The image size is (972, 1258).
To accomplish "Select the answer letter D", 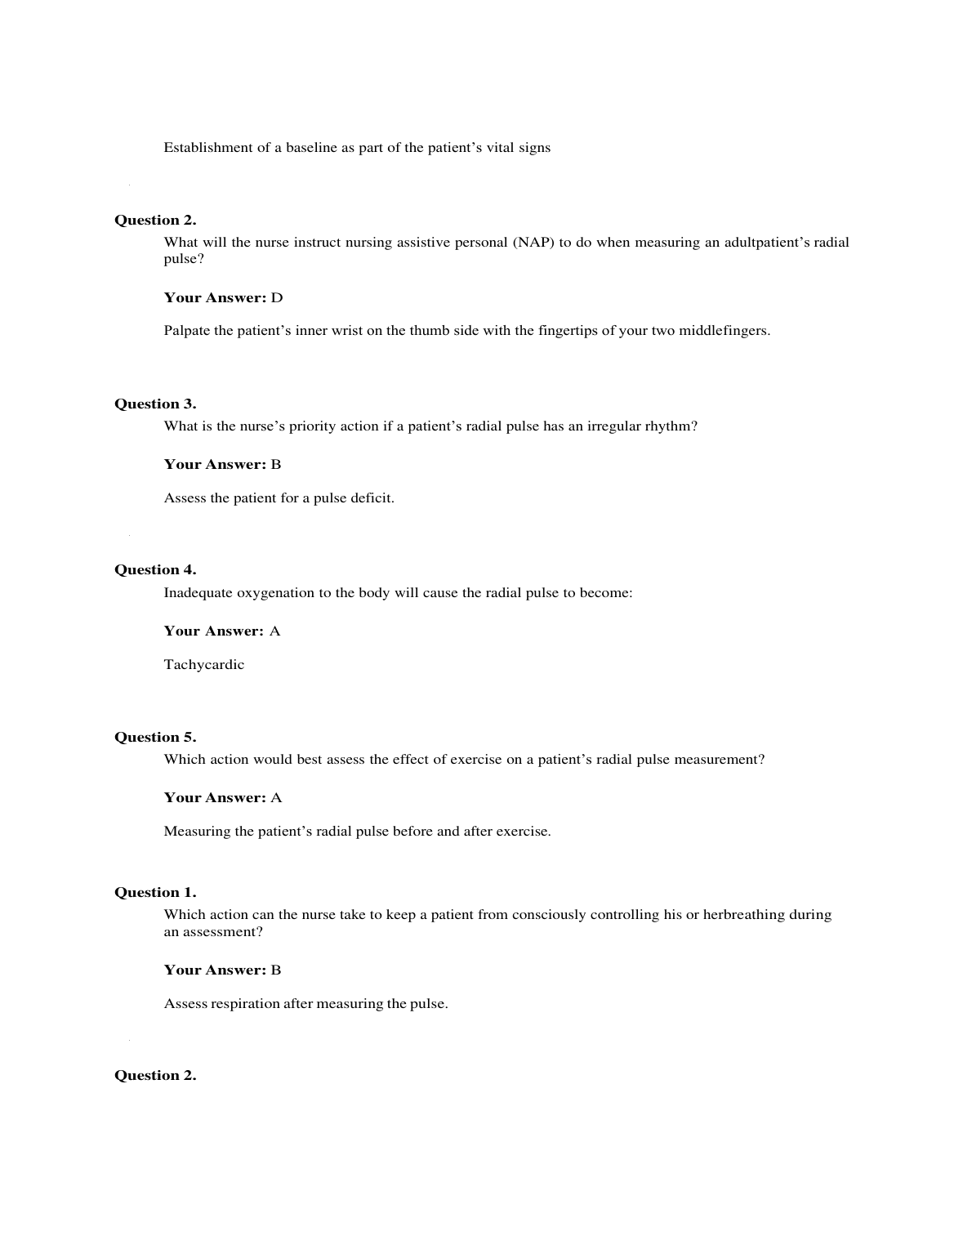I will pos(277,297).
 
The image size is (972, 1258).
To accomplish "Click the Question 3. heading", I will pos(155,404).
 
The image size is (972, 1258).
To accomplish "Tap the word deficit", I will pos(372,498).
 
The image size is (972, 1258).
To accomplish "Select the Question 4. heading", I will pos(155,570).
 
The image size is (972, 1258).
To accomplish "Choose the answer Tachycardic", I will pos(204,665).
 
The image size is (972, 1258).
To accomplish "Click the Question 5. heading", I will pos(155,737).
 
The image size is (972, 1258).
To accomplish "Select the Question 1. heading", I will pos(155,892).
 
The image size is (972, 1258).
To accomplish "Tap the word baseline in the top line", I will pos(311,148).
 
